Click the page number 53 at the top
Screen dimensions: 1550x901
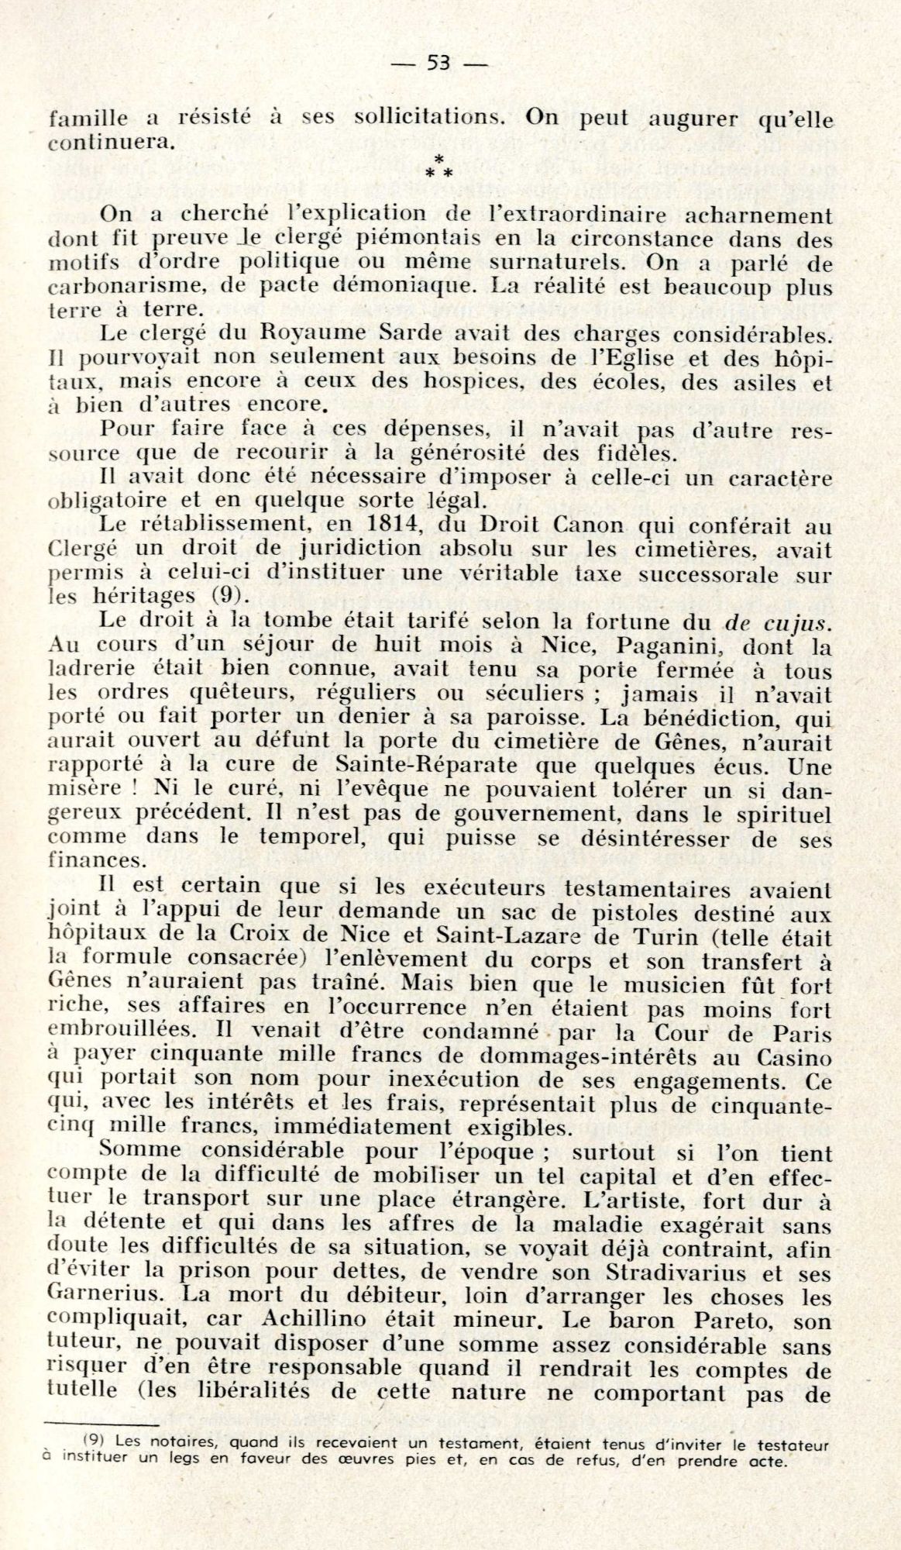[438, 64]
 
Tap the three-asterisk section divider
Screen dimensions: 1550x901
[438, 166]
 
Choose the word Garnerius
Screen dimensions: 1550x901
[99, 1296]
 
